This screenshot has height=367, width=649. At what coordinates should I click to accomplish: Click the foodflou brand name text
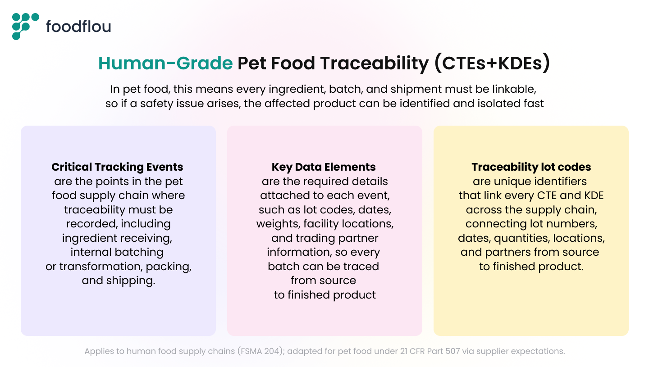click(78, 27)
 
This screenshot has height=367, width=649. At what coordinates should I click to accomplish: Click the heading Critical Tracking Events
click(117, 167)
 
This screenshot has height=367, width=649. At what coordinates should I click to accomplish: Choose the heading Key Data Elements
click(324, 167)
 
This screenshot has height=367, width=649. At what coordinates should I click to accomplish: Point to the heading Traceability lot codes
click(531, 167)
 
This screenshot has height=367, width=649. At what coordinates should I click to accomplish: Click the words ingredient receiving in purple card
click(117, 238)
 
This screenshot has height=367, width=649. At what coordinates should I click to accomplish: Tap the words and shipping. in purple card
click(119, 281)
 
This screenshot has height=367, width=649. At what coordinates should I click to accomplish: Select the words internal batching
click(117, 252)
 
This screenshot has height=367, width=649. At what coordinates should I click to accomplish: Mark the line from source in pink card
click(323, 281)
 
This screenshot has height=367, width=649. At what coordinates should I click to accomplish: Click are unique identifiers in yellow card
click(530, 181)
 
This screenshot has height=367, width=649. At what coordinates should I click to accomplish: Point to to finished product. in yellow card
click(531, 266)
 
